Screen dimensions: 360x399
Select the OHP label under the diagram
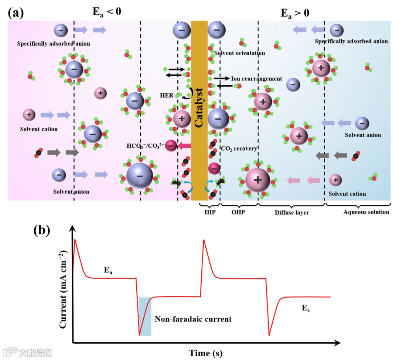click(x=238, y=212)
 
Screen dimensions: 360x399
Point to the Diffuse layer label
click(x=292, y=212)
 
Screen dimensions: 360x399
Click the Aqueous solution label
click(x=366, y=212)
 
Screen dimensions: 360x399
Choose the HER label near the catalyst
click(x=167, y=95)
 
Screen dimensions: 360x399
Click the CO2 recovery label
click(x=239, y=148)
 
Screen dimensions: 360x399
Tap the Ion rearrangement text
click(x=257, y=79)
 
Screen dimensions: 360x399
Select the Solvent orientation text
click(x=239, y=53)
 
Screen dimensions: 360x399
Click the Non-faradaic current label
click(x=193, y=319)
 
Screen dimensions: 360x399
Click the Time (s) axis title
click(x=206, y=353)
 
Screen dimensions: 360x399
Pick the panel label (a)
click(x=16, y=13)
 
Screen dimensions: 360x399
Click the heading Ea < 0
click(x=106, y=12)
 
